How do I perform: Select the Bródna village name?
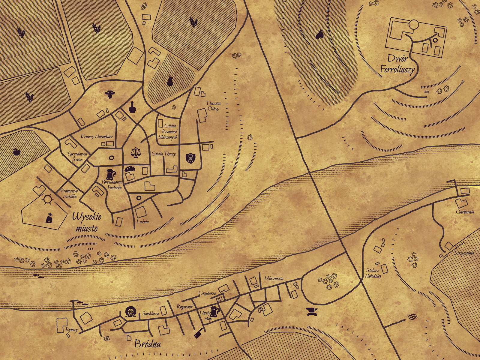point(147,343)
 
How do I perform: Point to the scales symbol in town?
point(136,152)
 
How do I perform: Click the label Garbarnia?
point(465,212)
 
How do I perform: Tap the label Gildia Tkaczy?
point(164,154)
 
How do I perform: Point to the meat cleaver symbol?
point(198,332)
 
